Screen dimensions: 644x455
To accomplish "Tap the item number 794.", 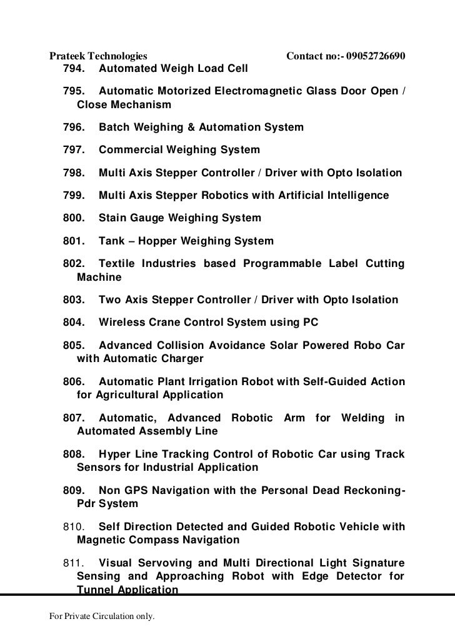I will coord(74,68).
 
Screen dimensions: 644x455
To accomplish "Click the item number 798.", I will coord(74,173).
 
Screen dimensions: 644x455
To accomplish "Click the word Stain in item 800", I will coord(113,218).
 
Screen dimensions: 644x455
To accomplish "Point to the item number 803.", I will coord(74,300).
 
